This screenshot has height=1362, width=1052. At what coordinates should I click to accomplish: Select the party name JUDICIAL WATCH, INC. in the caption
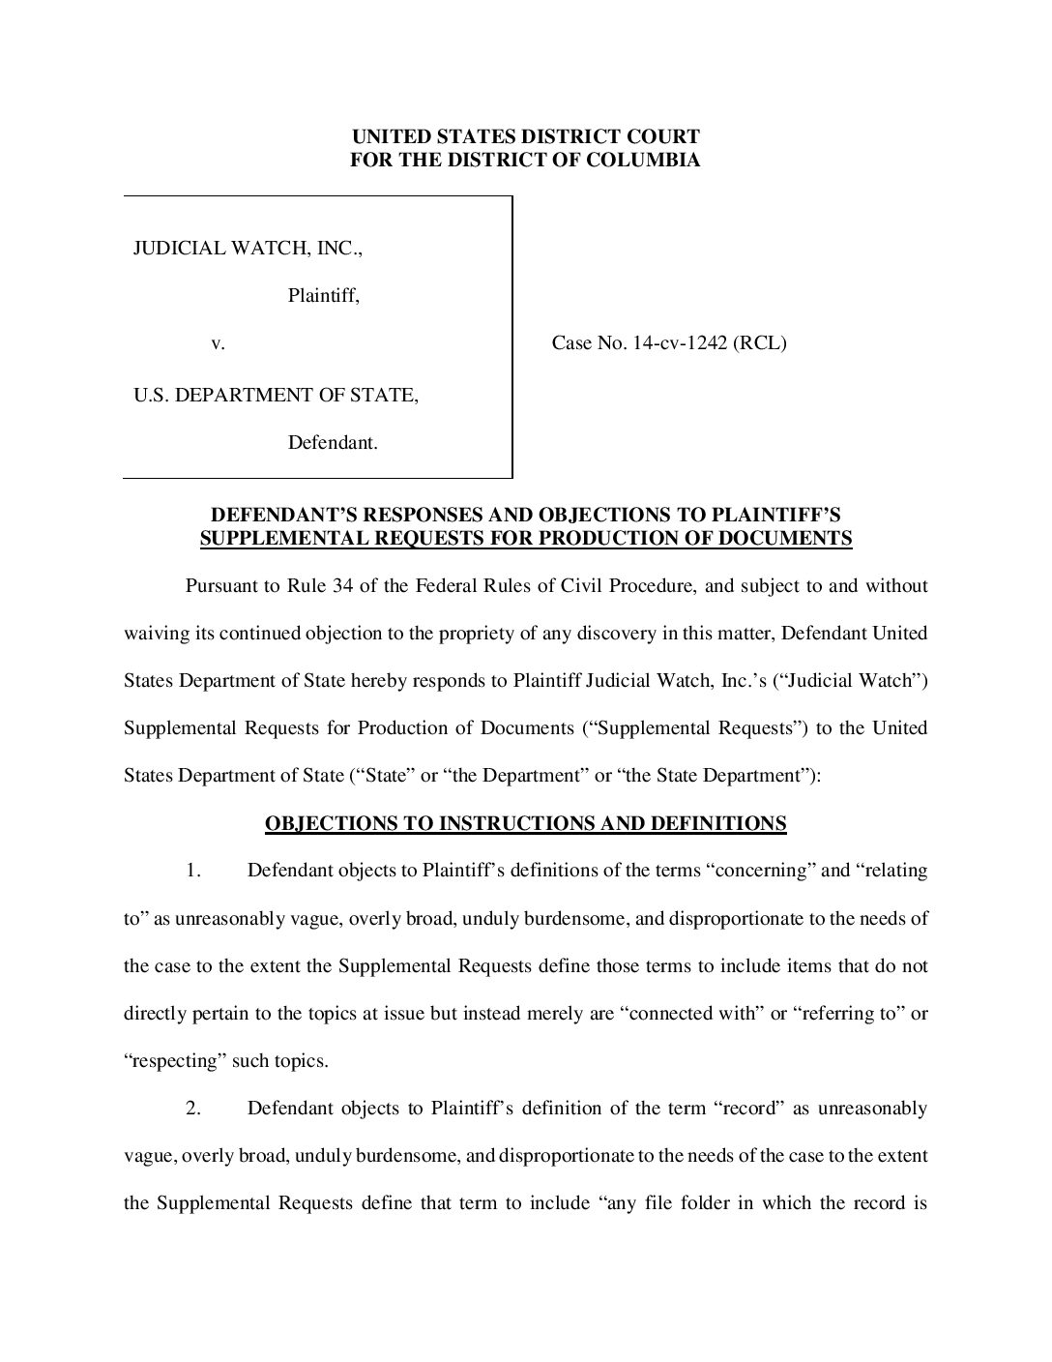248,248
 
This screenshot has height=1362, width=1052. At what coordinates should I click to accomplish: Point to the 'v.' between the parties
218,343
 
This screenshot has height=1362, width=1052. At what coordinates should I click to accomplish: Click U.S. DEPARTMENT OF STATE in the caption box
276,395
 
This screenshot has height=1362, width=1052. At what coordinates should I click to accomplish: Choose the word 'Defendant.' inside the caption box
333,444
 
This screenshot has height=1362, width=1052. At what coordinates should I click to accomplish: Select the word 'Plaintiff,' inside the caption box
324,296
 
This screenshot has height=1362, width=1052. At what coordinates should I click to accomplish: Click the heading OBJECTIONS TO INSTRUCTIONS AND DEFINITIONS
525,824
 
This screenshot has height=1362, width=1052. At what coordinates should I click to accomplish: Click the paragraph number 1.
193,871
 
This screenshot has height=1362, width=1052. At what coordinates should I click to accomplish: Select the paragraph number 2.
193,1109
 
